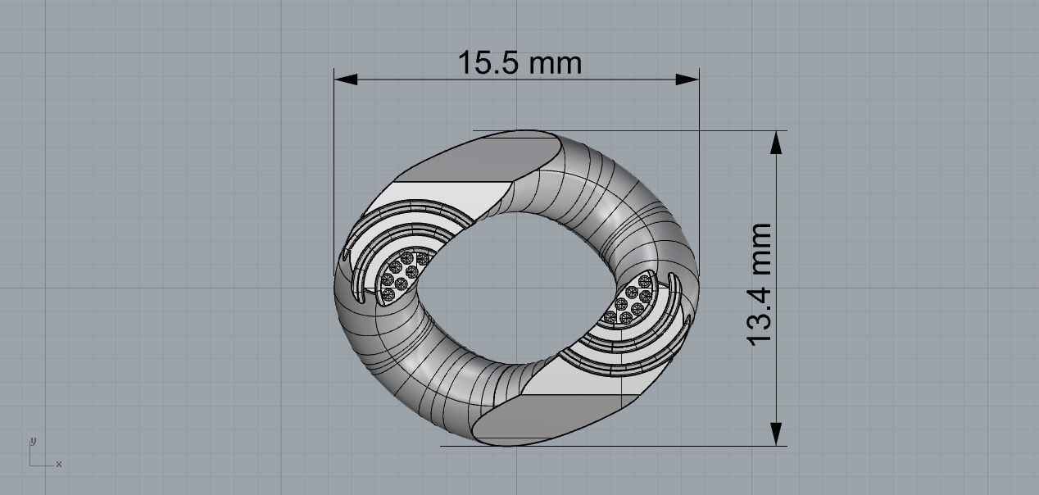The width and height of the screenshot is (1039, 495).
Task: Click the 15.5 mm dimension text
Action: pos(519,62)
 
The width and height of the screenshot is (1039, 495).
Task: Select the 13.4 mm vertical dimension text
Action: pos(760,284)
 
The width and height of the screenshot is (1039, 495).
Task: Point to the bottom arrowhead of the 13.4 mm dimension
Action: pos(776,434)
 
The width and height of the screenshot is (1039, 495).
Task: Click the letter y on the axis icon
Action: pos(33,441)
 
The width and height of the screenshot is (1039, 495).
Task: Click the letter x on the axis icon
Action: pos(59,465)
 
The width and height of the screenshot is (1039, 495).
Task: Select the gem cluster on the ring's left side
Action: pos(403,272)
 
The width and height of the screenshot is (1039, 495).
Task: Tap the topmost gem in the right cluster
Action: pos(633,281)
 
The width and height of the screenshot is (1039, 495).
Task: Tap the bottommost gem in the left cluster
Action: pos(387,294)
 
